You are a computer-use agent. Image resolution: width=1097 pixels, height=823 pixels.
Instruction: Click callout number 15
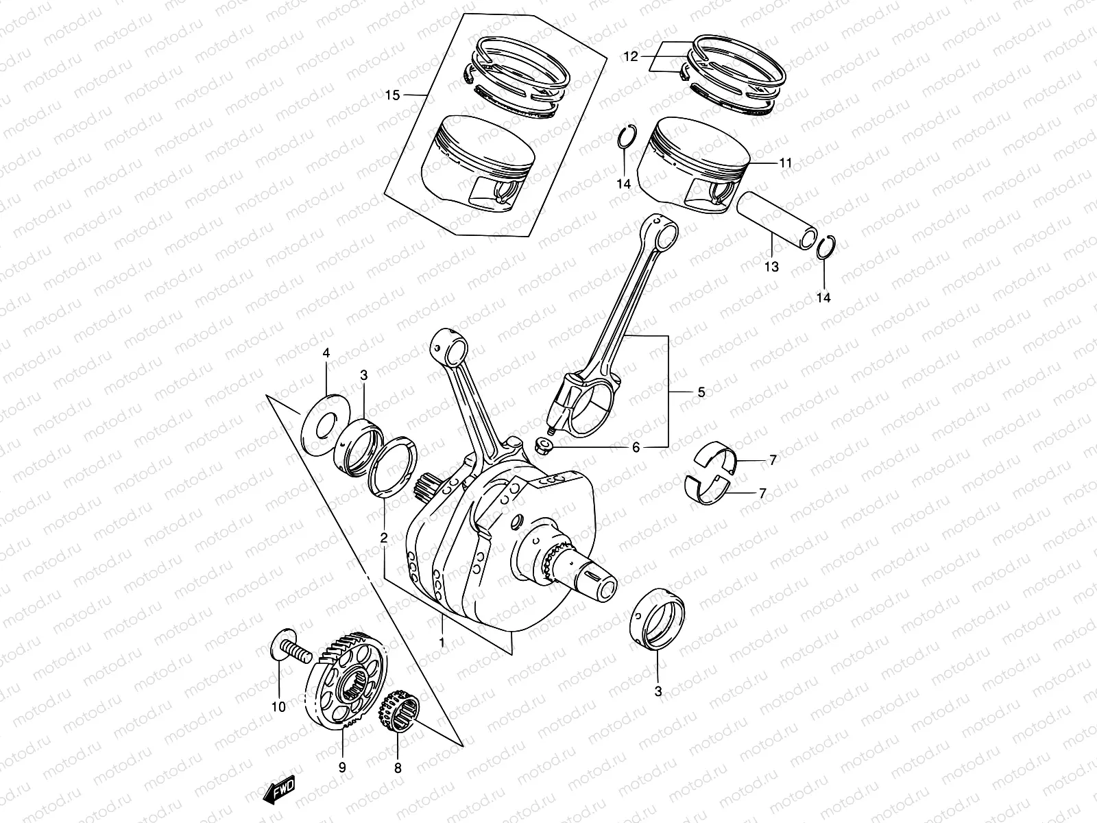(391, 95)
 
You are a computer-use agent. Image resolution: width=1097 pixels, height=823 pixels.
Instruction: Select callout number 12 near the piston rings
(631, 57)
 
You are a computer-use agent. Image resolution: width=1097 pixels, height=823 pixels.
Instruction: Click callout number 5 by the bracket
(701, 393)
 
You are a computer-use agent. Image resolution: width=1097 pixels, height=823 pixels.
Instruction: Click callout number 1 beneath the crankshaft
(442, 643)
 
